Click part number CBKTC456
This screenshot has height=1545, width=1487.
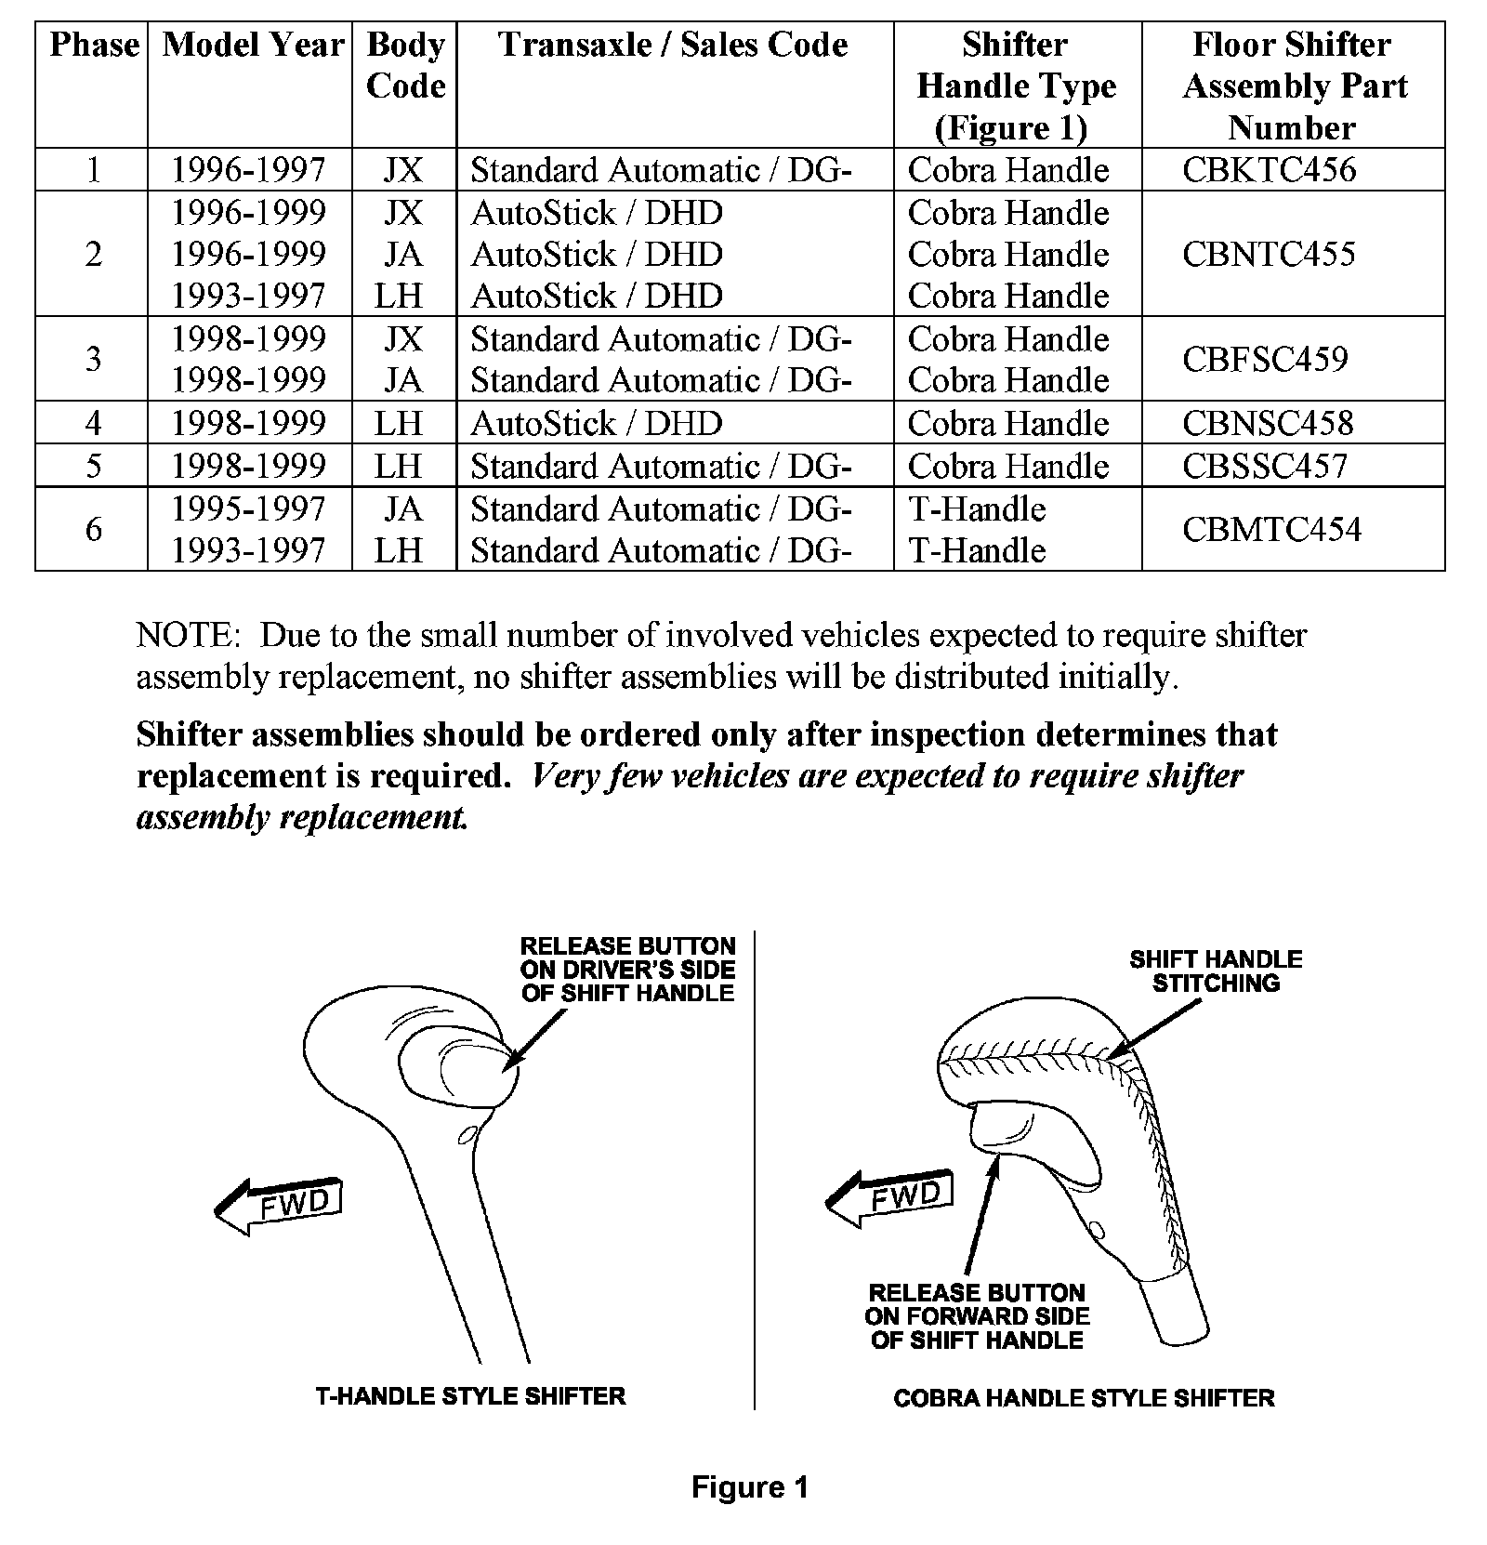tap(1269, 170)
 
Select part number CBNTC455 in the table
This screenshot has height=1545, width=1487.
tap(1269, 254)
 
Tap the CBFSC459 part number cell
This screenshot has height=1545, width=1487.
tap(1265, 359)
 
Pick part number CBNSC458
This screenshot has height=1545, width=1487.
tap(1268, 424)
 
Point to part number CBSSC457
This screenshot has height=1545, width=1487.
tap(1265, 466)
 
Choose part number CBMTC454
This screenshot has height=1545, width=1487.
tap(1271, 530)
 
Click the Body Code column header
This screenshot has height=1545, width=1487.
tap(405, 65)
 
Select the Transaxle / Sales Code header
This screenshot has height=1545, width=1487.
tap(673, 45)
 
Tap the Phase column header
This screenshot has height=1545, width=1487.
tap(94, 45)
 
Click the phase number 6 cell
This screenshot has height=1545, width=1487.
tap(93, 530)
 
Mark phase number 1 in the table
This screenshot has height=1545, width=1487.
tap(93, 170)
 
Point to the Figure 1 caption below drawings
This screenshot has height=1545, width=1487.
tap(750, 1487)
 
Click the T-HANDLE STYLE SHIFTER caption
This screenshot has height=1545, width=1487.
tap(470, 1396)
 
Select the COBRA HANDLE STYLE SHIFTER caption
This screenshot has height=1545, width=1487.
tap(1084, 1398)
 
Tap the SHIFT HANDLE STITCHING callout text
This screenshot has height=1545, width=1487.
tap(1216, 971)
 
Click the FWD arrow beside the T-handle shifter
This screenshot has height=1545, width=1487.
tap(279, 1206)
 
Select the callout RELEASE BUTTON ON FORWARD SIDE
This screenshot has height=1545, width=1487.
tap(977, 1316)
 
